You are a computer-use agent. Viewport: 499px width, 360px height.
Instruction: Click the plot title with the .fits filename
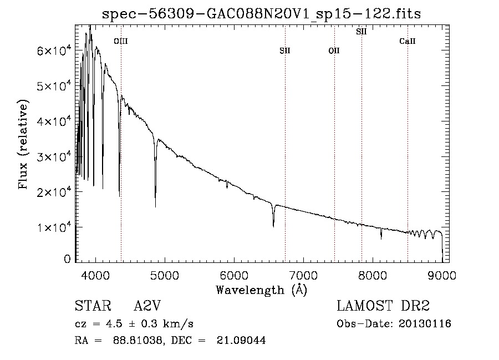(262, 14)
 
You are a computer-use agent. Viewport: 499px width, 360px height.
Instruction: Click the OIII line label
(120, 41)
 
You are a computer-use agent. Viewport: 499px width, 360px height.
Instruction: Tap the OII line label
(334, 51)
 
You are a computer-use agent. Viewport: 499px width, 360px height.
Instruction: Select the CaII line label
(408, 41)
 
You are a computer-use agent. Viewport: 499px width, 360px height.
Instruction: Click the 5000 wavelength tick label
(165, 276)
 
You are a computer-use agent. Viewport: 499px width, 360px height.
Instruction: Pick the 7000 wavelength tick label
(303, 276)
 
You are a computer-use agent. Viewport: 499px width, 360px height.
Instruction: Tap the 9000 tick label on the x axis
(442, 276)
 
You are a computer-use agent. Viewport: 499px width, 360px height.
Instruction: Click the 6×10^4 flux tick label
(50, 50)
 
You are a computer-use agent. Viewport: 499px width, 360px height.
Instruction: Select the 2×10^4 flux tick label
(50, 191)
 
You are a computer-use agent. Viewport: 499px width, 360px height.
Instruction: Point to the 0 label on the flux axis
(67, 259)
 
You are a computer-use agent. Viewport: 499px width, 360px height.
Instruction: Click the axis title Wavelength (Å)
(261, 290)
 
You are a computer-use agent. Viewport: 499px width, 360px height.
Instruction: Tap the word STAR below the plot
(91, 306)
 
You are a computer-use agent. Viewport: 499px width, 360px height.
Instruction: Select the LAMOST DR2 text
(383, 306)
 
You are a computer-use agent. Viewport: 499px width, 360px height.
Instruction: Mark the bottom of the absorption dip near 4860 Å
(155, 206)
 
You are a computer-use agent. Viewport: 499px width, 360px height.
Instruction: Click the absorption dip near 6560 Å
(273, 226)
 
